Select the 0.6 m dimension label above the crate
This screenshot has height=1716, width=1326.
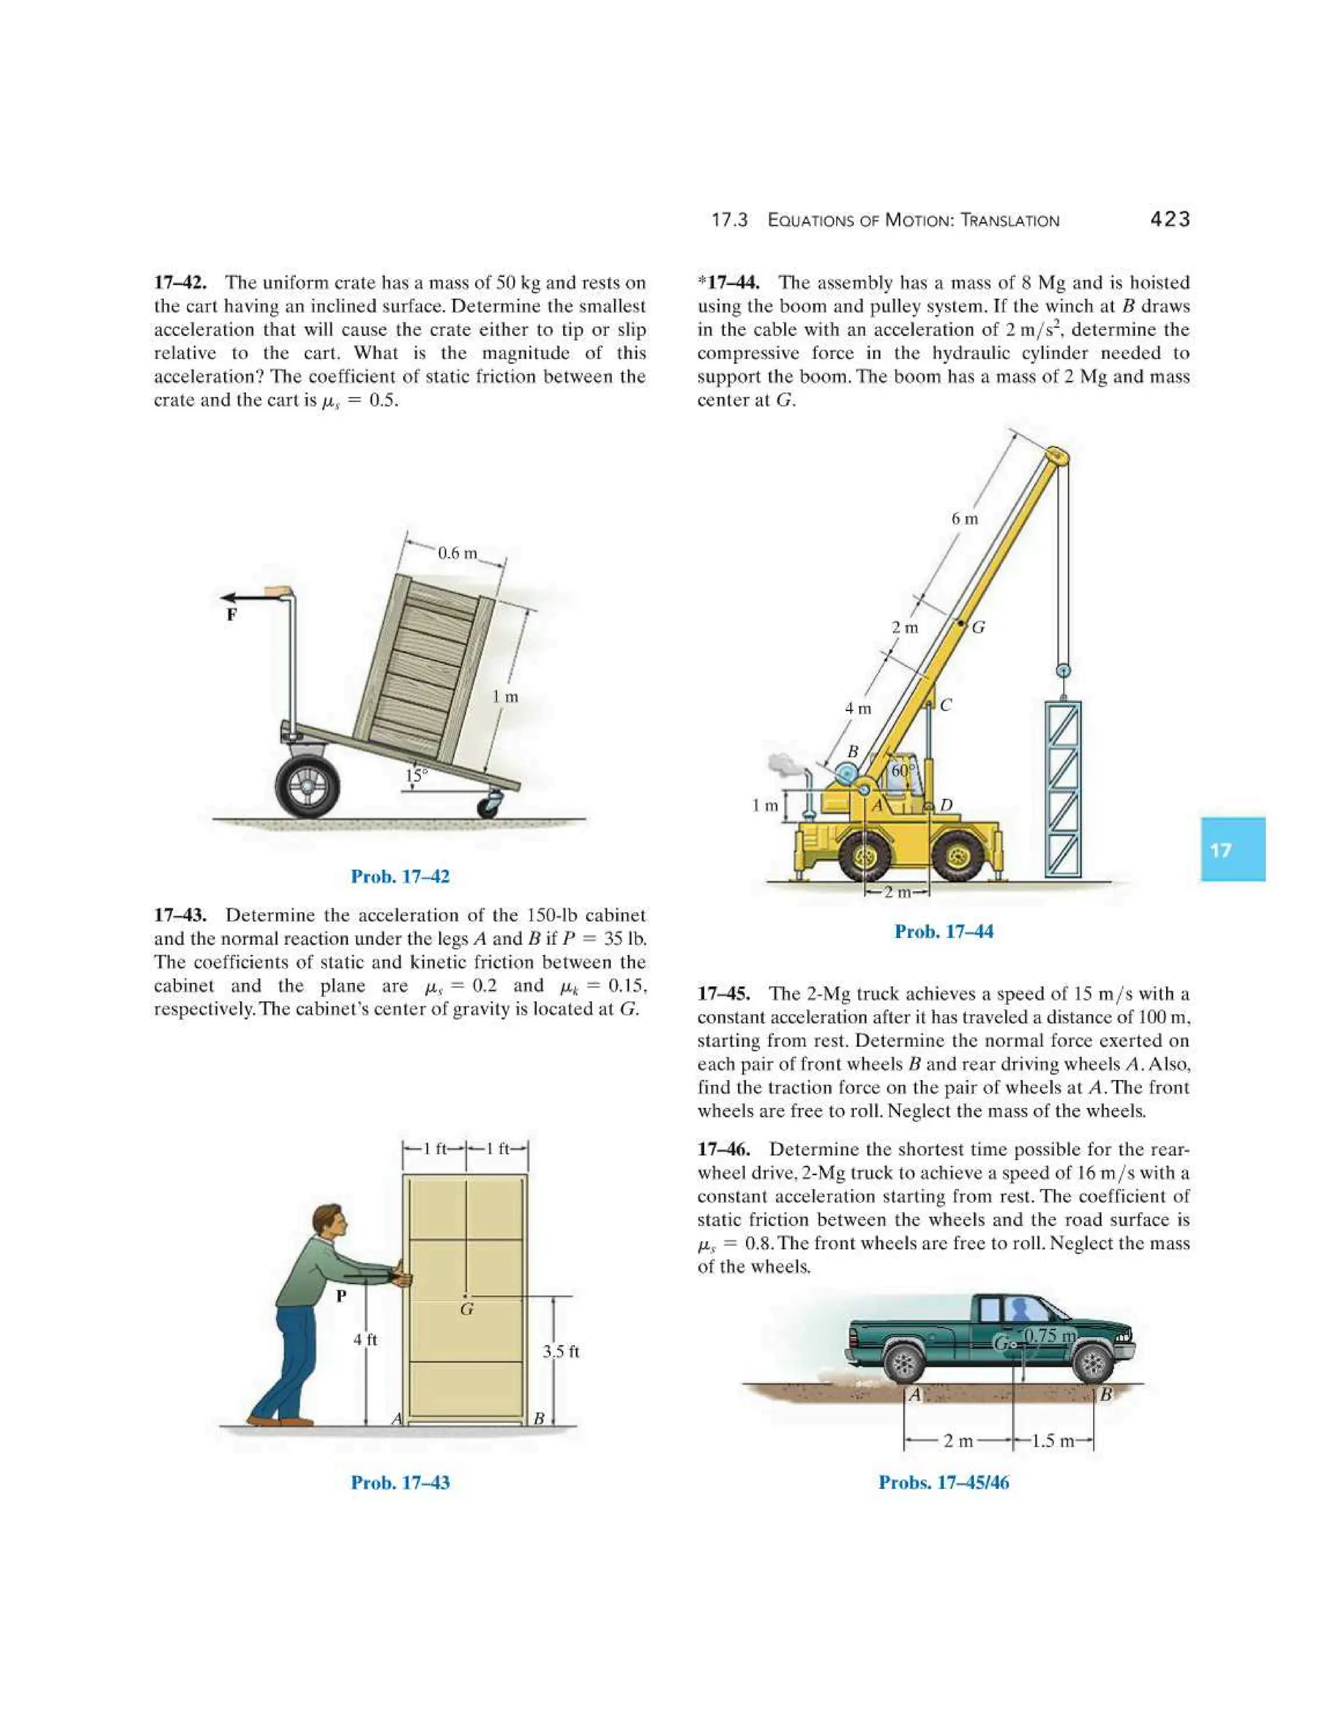(457, 553)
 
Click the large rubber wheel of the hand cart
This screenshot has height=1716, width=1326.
(308, 785)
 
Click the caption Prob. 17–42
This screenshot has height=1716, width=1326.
(400, 877)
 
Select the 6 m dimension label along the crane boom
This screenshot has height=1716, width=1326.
(965, 519)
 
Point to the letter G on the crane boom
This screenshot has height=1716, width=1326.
(979, 627)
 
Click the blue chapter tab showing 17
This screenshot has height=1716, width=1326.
(1231, 850)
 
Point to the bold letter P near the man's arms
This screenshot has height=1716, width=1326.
(341, 1296)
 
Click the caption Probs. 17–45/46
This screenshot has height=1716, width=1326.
(943, 1483)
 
